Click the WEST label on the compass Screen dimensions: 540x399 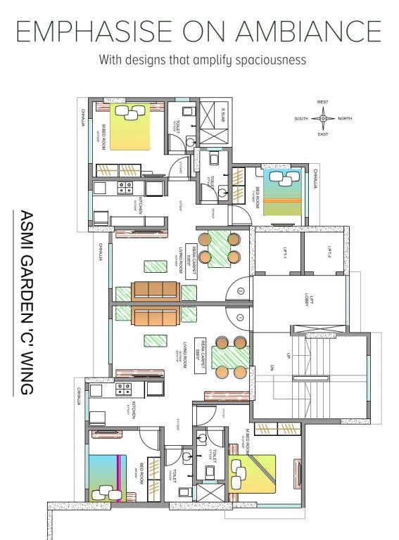click(322, 103)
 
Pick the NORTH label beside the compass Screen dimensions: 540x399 click(345, 119)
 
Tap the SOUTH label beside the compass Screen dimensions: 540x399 click(302, 119)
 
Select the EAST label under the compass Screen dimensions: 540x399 click(322, 134)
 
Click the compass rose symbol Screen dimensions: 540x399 click(323, 118)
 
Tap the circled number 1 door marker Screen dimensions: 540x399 click(239, 290)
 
